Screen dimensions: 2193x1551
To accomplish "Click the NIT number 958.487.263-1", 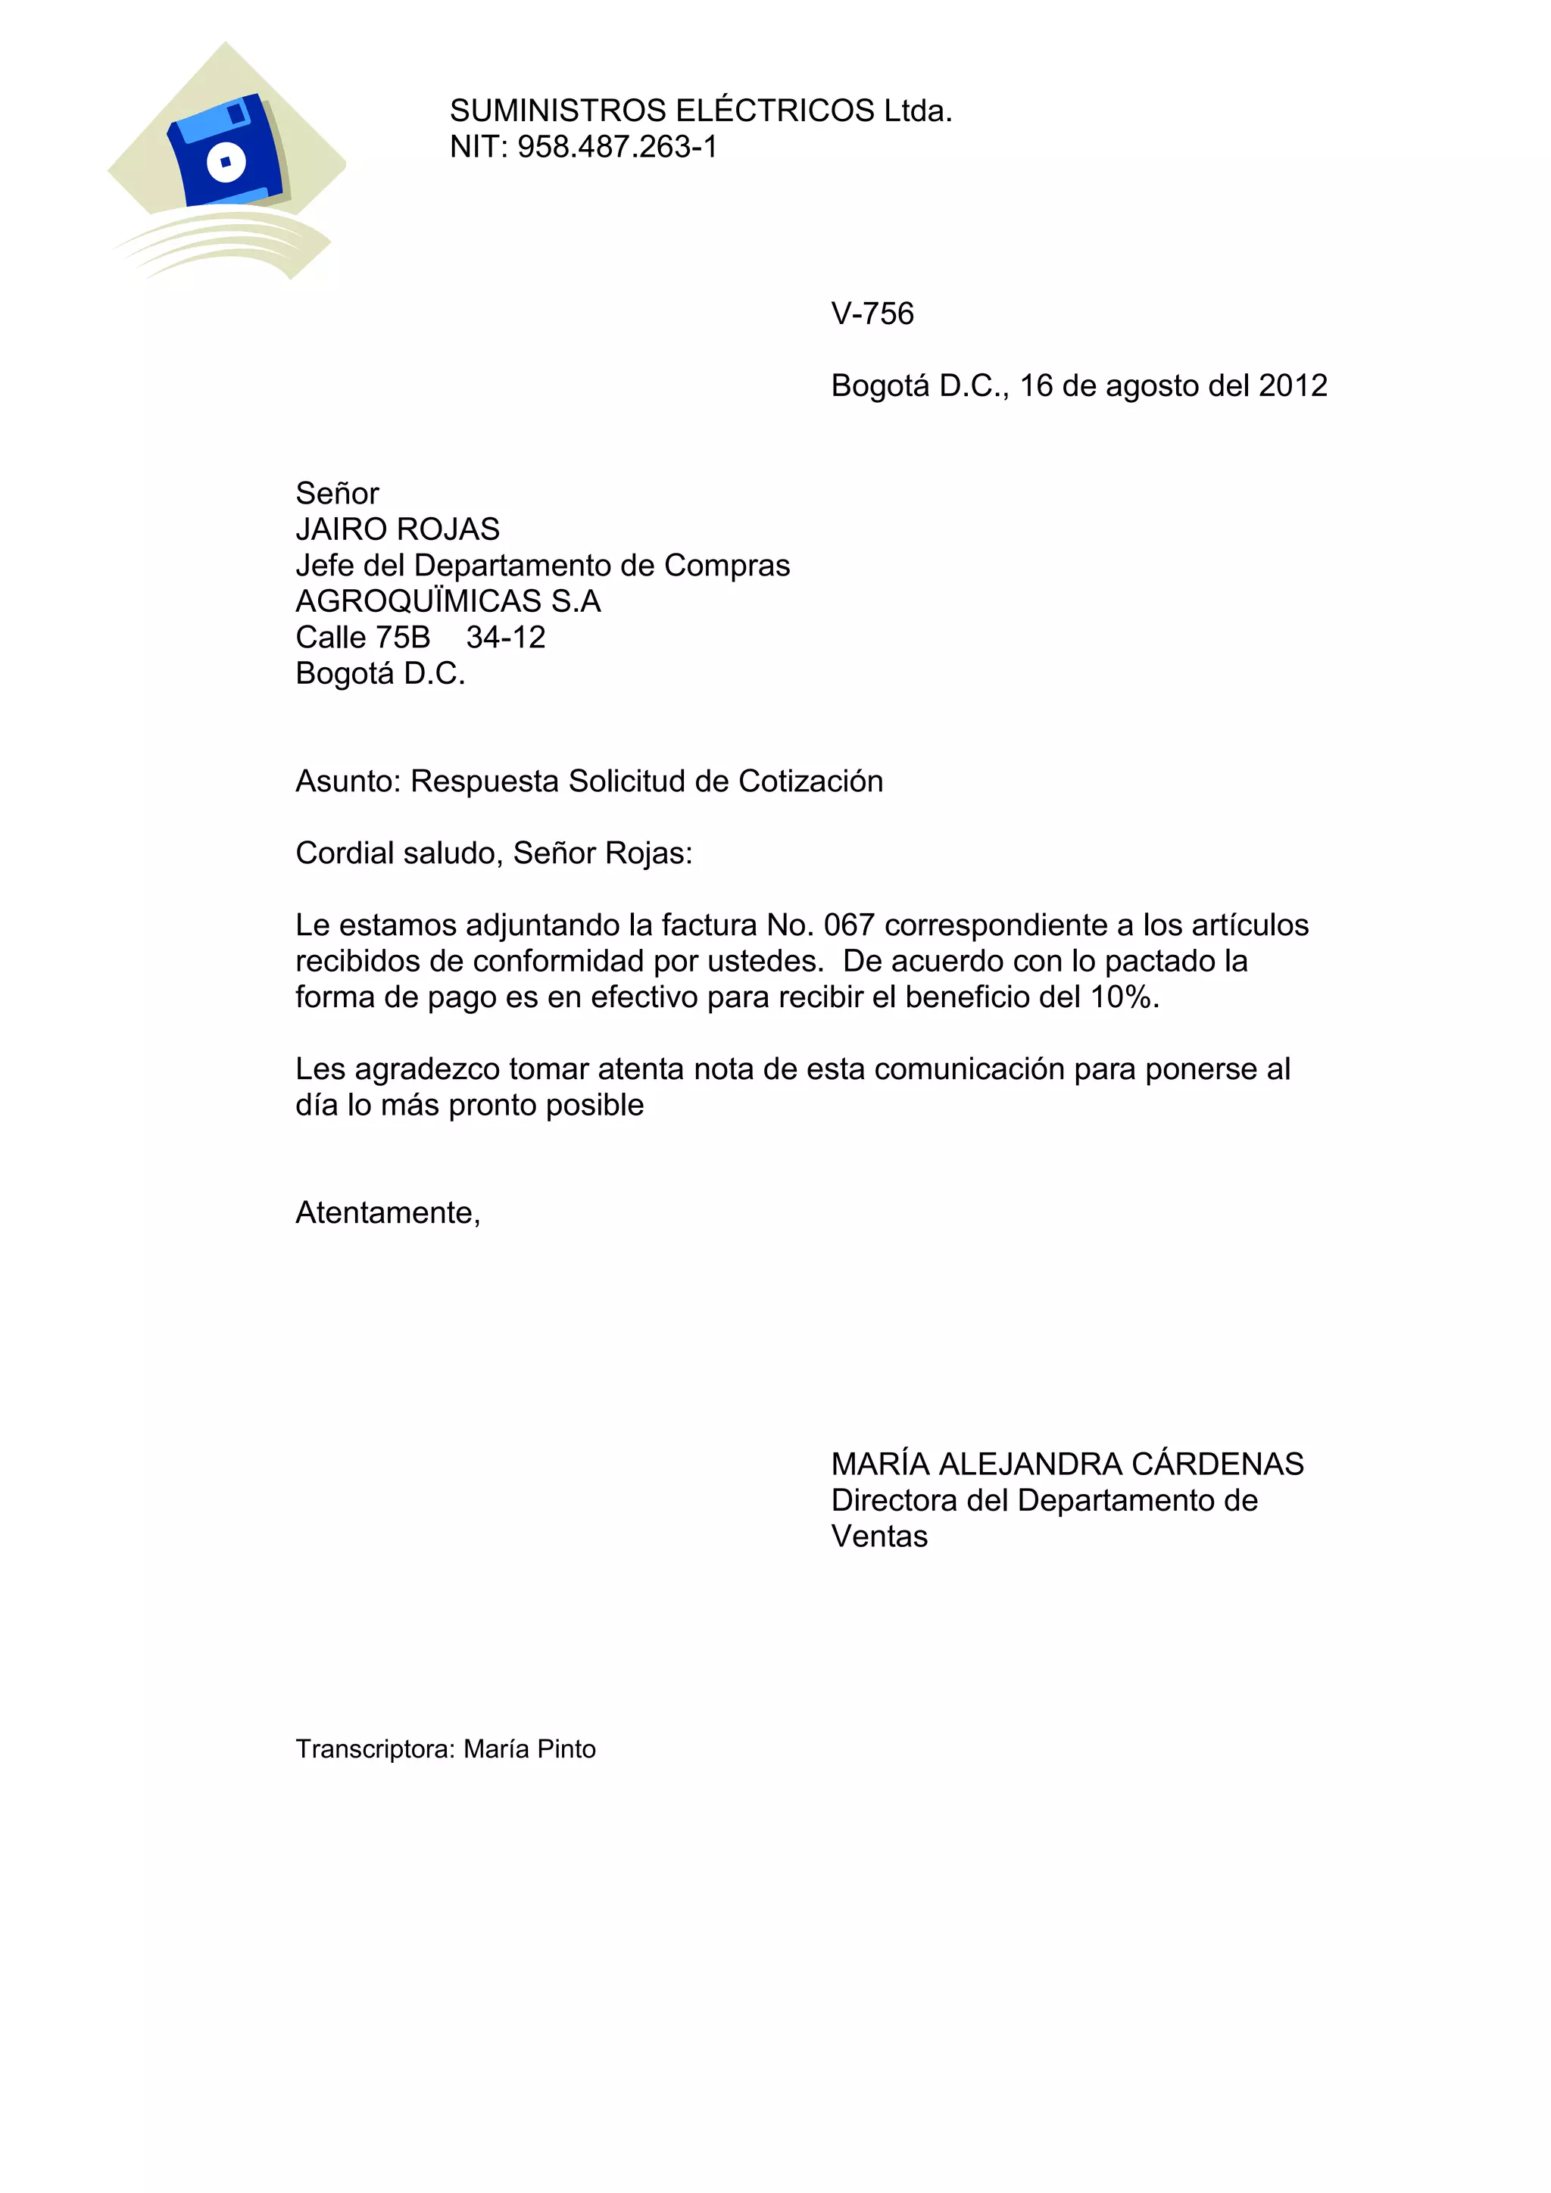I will click(617, 147).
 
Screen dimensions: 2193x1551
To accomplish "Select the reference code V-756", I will click(872, 314).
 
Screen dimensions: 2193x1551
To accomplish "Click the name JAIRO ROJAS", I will click(398, 529).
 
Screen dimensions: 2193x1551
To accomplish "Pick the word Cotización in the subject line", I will click(810, 781).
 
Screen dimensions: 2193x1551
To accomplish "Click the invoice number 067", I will click(848, 925).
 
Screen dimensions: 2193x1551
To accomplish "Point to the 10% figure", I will click(1123, 997).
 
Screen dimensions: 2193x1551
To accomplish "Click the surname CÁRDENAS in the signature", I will click(1217, 1465).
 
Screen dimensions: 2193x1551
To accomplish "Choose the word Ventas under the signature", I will click(878, 1536).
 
